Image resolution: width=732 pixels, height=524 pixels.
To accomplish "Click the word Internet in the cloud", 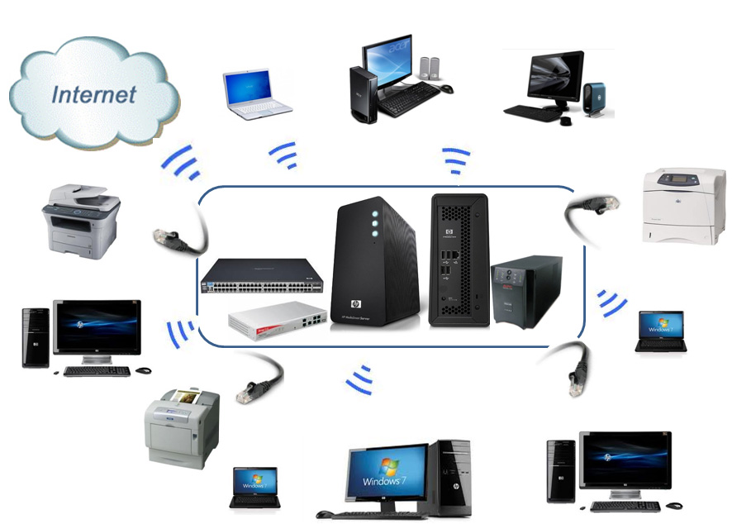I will pyautogui.click(x=93, y=93).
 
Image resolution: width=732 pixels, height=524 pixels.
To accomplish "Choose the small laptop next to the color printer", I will pyautogui.click(x=254, y=487).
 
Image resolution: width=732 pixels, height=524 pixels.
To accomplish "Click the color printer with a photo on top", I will pyautogui.click(x=183, y=425).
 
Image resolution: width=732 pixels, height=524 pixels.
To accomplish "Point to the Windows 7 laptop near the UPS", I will pyautogui.click(x=660, y=331).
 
